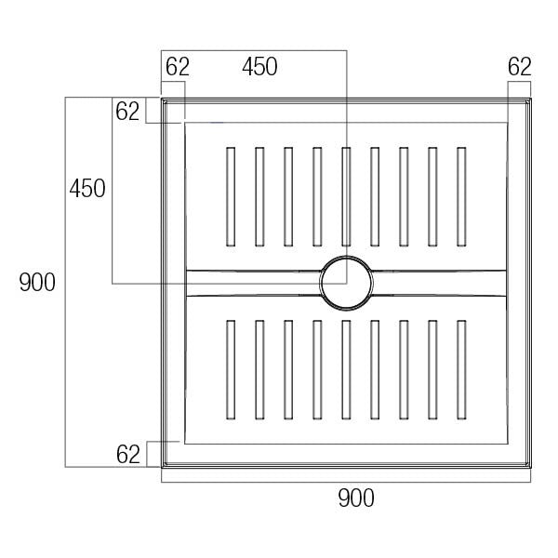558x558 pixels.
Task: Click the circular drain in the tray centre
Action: point(346,283)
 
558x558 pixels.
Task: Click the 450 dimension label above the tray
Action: point(259,67)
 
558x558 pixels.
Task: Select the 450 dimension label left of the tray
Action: point(87,189)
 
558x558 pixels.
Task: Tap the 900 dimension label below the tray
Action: point(355,498)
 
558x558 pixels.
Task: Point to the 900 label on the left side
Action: point(38,283)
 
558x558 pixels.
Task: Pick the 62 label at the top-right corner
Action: point(520,67)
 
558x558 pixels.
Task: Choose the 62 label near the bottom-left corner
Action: point(128,455)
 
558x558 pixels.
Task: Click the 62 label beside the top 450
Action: point(178,67)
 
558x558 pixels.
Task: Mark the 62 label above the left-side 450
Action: point(128,112)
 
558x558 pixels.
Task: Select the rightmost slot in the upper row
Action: point(460,196)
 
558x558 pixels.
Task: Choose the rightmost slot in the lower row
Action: point(460,369)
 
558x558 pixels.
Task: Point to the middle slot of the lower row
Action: point(345,369)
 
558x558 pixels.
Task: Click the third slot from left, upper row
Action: point(288,196)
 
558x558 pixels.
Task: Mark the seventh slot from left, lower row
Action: point(403,369)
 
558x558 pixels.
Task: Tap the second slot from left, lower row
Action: point(259,369)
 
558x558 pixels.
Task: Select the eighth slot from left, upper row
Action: point(432,196)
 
